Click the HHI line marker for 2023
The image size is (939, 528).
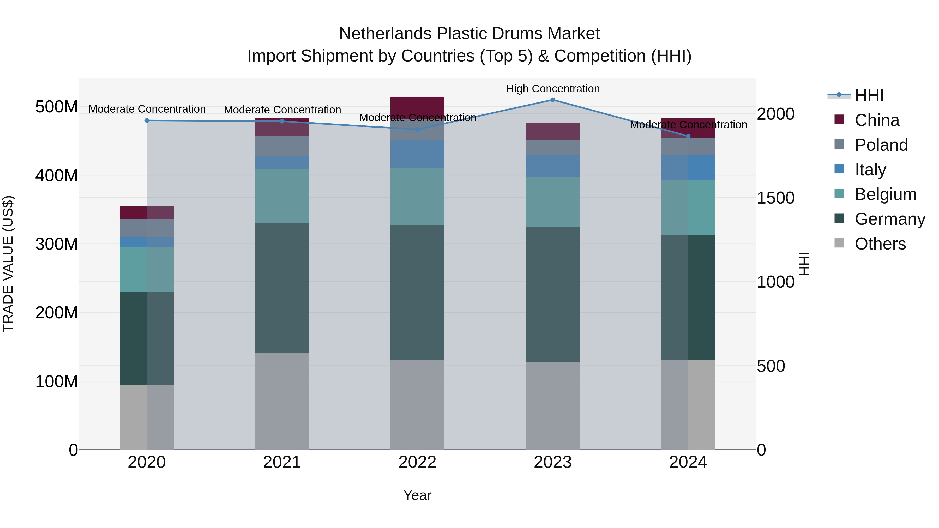(x=553, y=100)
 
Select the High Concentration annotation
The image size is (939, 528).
(x=553, y=89)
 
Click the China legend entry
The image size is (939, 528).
(x=877, y=120)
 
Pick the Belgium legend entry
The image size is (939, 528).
(x=885, y=194)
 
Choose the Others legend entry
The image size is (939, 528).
(x=880, y=244)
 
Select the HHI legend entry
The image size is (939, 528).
(x=869, y=95)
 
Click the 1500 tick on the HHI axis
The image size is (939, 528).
(x=775, y=198)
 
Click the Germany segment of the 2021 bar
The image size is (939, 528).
(x=282, y=288)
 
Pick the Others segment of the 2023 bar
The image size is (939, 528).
(x=553, y=405)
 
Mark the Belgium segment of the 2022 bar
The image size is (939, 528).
(x=417, y=197)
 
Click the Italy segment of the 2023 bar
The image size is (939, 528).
(x=553, y=166)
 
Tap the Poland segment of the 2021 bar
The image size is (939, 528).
(x=282, y=146)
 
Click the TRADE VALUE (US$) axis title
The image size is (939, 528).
(x=8, y=264)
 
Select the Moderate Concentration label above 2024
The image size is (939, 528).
(x=688, y=125)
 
